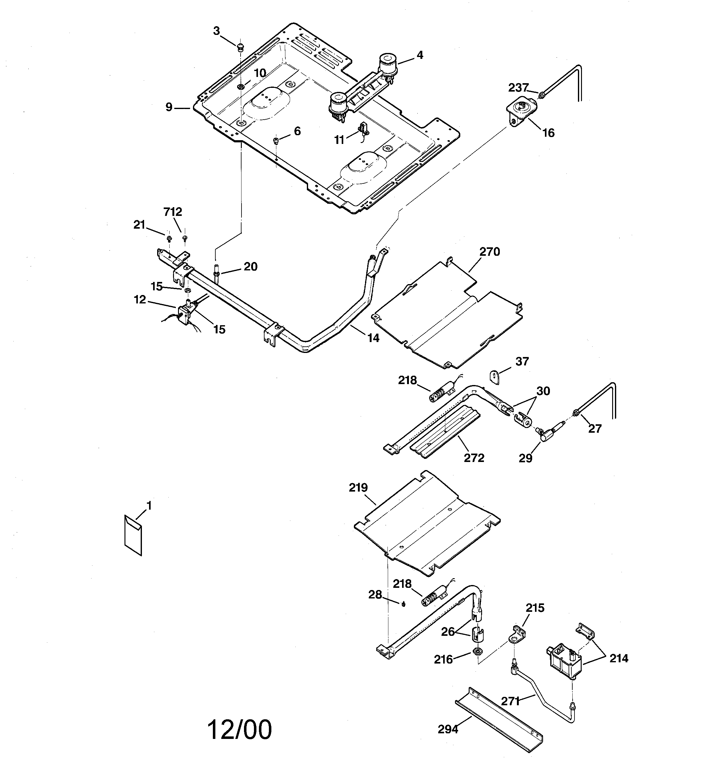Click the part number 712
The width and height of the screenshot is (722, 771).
pos(172,212)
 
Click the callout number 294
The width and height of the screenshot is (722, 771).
pos(448,730)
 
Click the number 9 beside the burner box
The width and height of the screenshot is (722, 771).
pos(169,107)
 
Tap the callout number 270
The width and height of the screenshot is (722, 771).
pos(490,252)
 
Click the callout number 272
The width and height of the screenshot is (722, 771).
pos(474,458)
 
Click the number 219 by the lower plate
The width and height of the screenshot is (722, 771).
pos(358,488)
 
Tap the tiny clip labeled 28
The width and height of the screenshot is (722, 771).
pos(403,605)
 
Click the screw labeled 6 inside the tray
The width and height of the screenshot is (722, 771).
pos(276,140)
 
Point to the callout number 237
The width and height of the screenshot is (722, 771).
pos(518,88)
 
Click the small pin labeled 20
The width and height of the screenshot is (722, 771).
pos(216,269)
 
